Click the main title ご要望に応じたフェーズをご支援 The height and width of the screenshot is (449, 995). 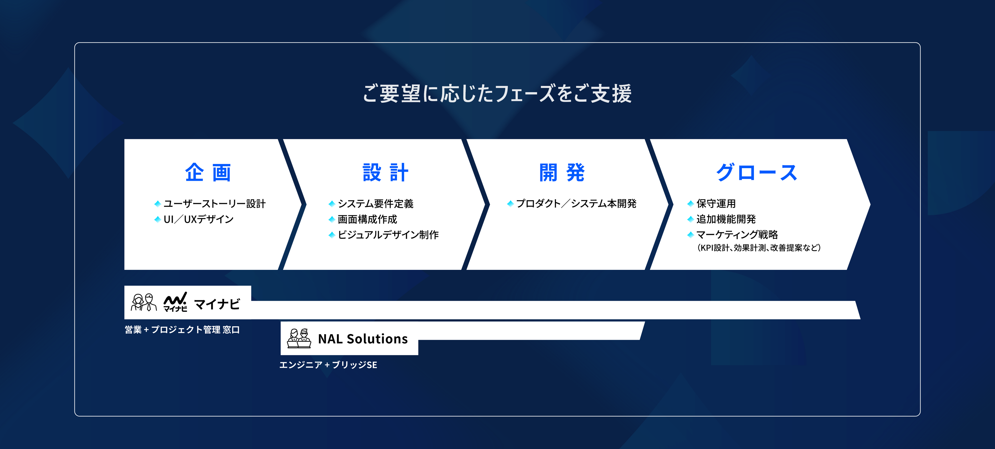(x=497, y=94)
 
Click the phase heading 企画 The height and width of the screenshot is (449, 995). (x=208, y=172)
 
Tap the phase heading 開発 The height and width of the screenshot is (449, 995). (x=562, y=172)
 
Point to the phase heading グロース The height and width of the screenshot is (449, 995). (x=757, y=172)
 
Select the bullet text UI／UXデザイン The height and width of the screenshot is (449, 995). (x=198, y=219)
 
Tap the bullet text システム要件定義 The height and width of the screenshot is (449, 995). (x=376, y=204)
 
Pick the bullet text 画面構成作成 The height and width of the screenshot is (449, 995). (x=367, y=219)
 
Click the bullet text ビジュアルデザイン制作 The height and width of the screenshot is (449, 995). (x=388, y=235)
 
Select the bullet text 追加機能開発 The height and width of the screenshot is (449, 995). (x=726, y=219)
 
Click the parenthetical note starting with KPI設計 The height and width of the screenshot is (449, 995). (x=759, y=248)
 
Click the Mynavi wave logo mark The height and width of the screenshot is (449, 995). (x=175, y=302)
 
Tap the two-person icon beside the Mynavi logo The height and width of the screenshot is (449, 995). (x=144, y=302)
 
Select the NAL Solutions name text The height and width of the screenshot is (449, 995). (x=363, y=339)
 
